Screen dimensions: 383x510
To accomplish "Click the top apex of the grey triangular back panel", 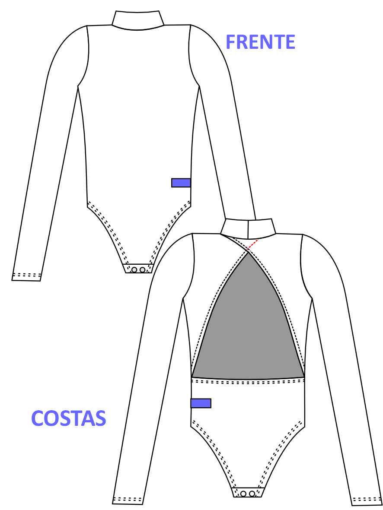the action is click(x=249, y=252).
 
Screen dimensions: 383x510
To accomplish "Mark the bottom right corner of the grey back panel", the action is click(x=304, y=377).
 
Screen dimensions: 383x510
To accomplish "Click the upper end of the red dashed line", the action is click(x=258, y=240).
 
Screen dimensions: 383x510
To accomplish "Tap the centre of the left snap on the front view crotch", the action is click(x=134, y=269).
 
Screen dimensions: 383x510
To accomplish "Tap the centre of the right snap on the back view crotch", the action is click(x=252, y=494).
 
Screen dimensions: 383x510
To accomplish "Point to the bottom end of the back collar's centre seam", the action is click(x=248, y=234).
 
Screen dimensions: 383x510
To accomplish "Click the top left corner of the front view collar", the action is click(x=115, y=11).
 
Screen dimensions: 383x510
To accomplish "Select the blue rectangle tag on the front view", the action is click(x=181, y=183).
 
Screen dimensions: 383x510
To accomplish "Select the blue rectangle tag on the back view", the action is click(x=201, y=403).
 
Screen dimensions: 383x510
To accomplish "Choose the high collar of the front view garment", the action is click(x=138, y=20).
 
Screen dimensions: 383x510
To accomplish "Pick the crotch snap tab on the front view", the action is click(x=139, y=269).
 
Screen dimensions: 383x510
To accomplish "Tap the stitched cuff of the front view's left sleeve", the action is click(x=27, y=276).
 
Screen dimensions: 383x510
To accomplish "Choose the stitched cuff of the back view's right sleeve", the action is click(x=367, y=500).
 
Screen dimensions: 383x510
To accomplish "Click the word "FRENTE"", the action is click(x=261, y=42).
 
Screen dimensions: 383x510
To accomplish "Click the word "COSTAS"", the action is click(x=69, y=418).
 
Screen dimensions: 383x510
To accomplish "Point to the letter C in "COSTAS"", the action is click(x=38, y=418).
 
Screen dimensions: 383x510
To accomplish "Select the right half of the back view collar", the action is click(x=262, y=227).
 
